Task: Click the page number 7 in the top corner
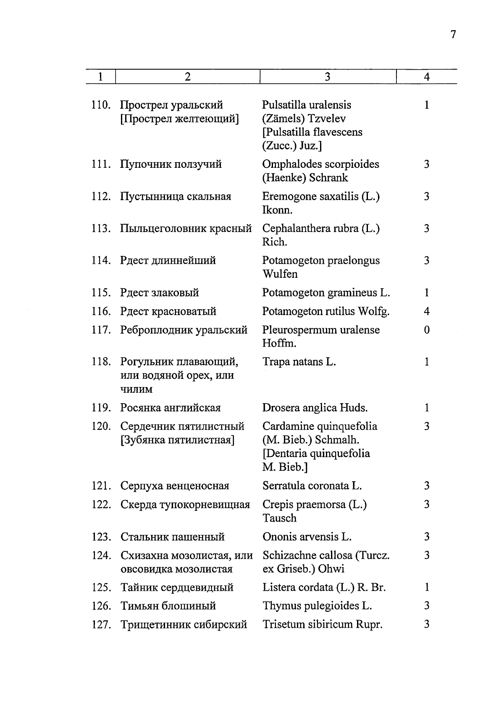pos(453,35)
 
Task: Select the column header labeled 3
pos(327,76)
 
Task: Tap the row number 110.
pos(101,105)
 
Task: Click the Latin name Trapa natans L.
pos(299,362)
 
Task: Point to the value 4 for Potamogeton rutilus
pos(426,311)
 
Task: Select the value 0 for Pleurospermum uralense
pos(426,330)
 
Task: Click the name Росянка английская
pos(170,408)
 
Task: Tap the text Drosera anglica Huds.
pos(315,408)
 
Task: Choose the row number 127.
pos(101,625)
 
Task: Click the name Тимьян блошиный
pos(168,606)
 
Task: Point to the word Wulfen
pos(280,274)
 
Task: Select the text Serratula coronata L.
pos(312,486)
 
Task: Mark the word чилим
pos(136,389)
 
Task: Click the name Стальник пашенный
pos(172,537)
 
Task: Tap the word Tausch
pos(279,518)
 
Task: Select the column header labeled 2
pos(187,76)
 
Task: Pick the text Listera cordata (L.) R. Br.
pos(323,587)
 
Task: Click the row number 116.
pos(101,311)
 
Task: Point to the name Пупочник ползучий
pos(171,164)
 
